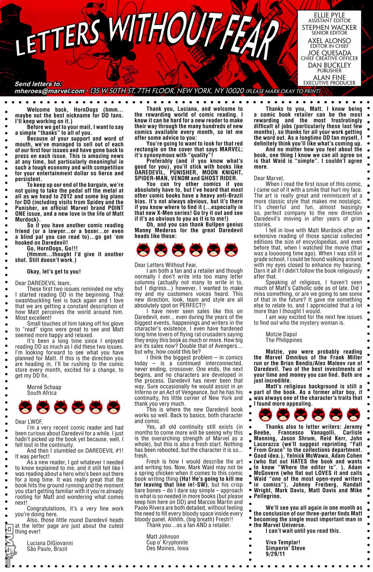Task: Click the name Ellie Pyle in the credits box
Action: pos(329,15)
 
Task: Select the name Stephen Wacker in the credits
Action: pos(329,28)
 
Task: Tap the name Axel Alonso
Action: pos(329,41)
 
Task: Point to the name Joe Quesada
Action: pos(329,53)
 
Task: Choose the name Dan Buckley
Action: pos(329,65)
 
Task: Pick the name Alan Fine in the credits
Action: pos(329,77)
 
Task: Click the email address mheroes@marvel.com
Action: pos(49,91)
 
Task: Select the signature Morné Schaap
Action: pos(44,387)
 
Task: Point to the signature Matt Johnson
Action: pos(163,536)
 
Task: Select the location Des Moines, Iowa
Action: pos(167,548)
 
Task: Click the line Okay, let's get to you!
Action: pos(54,271)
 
